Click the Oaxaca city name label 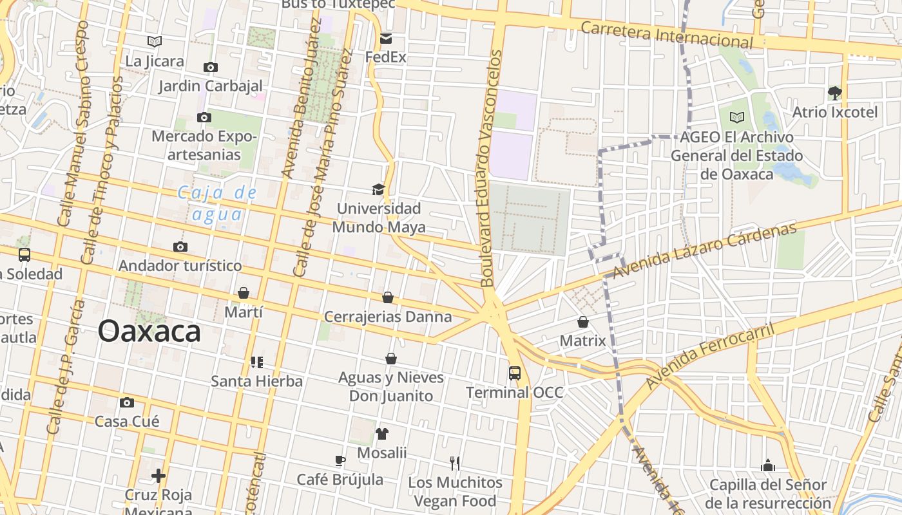click(x=149, y=332)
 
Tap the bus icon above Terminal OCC click(x=514, y=373)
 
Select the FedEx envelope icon click(x=385, y=39)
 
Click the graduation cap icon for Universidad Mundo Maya click(x=378, y=189)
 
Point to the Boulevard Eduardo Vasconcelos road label click(x=490, y=169)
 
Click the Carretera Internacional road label click(x=666, y=35)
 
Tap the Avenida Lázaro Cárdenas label click(x=704, y=250)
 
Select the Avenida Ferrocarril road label click(x=709, y=356)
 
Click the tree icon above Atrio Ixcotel click(x=835, y=93)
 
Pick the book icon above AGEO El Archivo click(x=736, y=118)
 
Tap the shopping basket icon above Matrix click(x=583, y=321)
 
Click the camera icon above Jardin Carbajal click(x=210, y=67)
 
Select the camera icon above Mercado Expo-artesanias click(x=204, y=117)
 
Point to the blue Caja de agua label click(x=217, y=203)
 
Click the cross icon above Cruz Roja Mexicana click(x=158, y=476)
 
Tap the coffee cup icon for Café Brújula click(x=340, y=460)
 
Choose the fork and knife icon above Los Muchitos click(x=455, y=463)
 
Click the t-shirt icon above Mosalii click(x=382, y=433)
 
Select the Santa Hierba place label click(x=256, y=381)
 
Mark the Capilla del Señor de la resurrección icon click(x=767, y=465)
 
